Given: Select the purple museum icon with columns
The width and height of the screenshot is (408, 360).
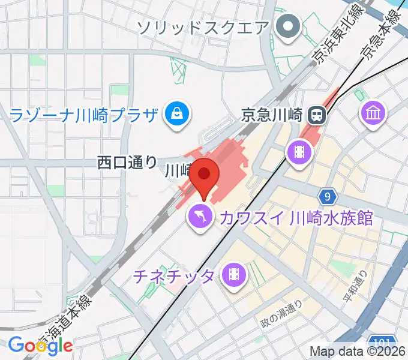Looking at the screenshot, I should click(374, 112).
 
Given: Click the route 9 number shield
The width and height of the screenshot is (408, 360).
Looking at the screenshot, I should click(326, 196).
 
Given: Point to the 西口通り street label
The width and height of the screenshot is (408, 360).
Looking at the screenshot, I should click(127, 162).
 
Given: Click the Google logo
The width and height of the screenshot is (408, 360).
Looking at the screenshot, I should click(40, 345).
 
